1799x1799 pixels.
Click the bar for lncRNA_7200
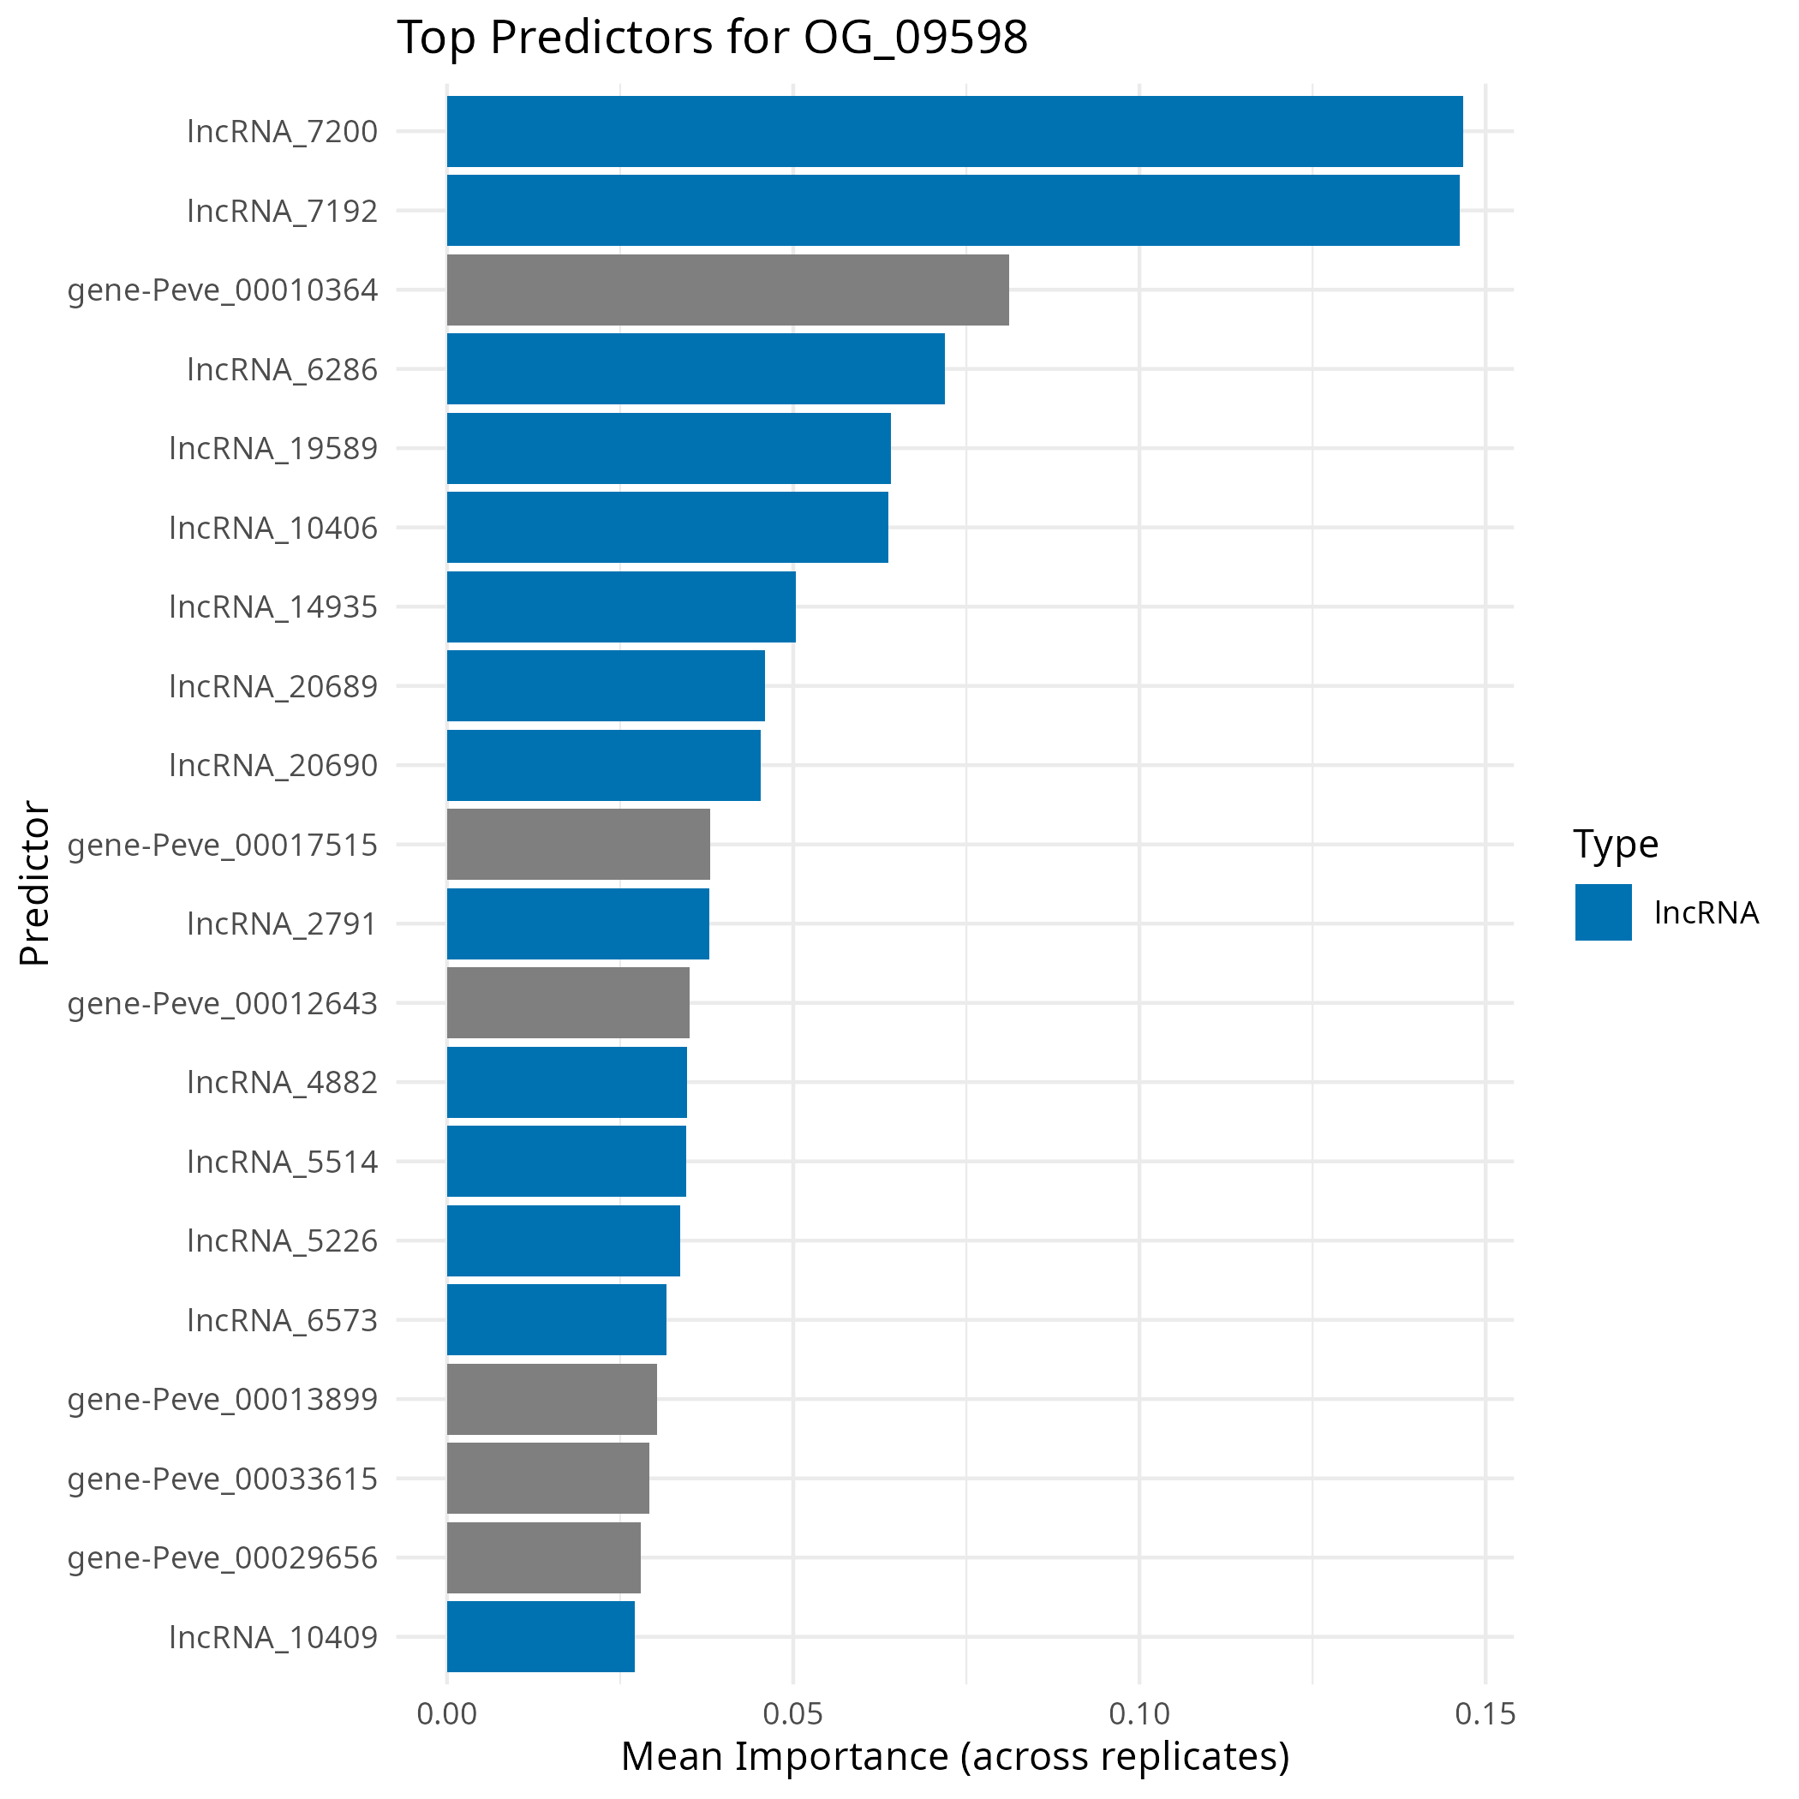pyautogui.click(x=954, y=131)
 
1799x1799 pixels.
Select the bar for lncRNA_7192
pyautogui.click(x=953, y=211)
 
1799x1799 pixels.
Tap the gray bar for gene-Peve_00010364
pyautogui.click(x=727, y=290)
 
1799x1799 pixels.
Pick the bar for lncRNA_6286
pyautogui.click(x=696, y=368)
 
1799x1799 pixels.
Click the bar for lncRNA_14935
pyautogui.click(x=621, y=607)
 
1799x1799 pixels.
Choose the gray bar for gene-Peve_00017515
pyautogui.click(x=578, y=844)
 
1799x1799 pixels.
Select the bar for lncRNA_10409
pyautogui.click(x=540, y=1636)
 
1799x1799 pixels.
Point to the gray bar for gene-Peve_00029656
pyautogui.click(x=544, y=1557)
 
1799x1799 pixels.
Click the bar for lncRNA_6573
pyautogui.click(x=556, y=1319)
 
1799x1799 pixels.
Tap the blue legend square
pyautogui.click(x=1604, y=911)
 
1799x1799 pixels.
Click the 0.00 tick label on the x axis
pyautogui.click(x=447, y=1714)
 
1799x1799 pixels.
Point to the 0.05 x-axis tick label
pyautogui.click(x=792, y=1714)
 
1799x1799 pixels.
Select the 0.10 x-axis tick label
pyautogui.click(x=1139, y=1714)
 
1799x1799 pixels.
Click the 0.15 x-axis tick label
pyautogui.click(x=1485, y=1714)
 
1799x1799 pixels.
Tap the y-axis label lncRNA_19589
pyautogui.click(x=274, y=449)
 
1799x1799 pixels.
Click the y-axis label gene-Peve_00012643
pyautogui.click(x=223, y=1004)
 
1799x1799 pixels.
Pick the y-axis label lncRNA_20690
pyautogui.click(x=274, y=765)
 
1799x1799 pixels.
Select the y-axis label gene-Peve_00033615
pyautogui.click(x=223, y=1479)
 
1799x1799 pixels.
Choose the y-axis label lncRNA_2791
pyautogui.click(x=282, y=923)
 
